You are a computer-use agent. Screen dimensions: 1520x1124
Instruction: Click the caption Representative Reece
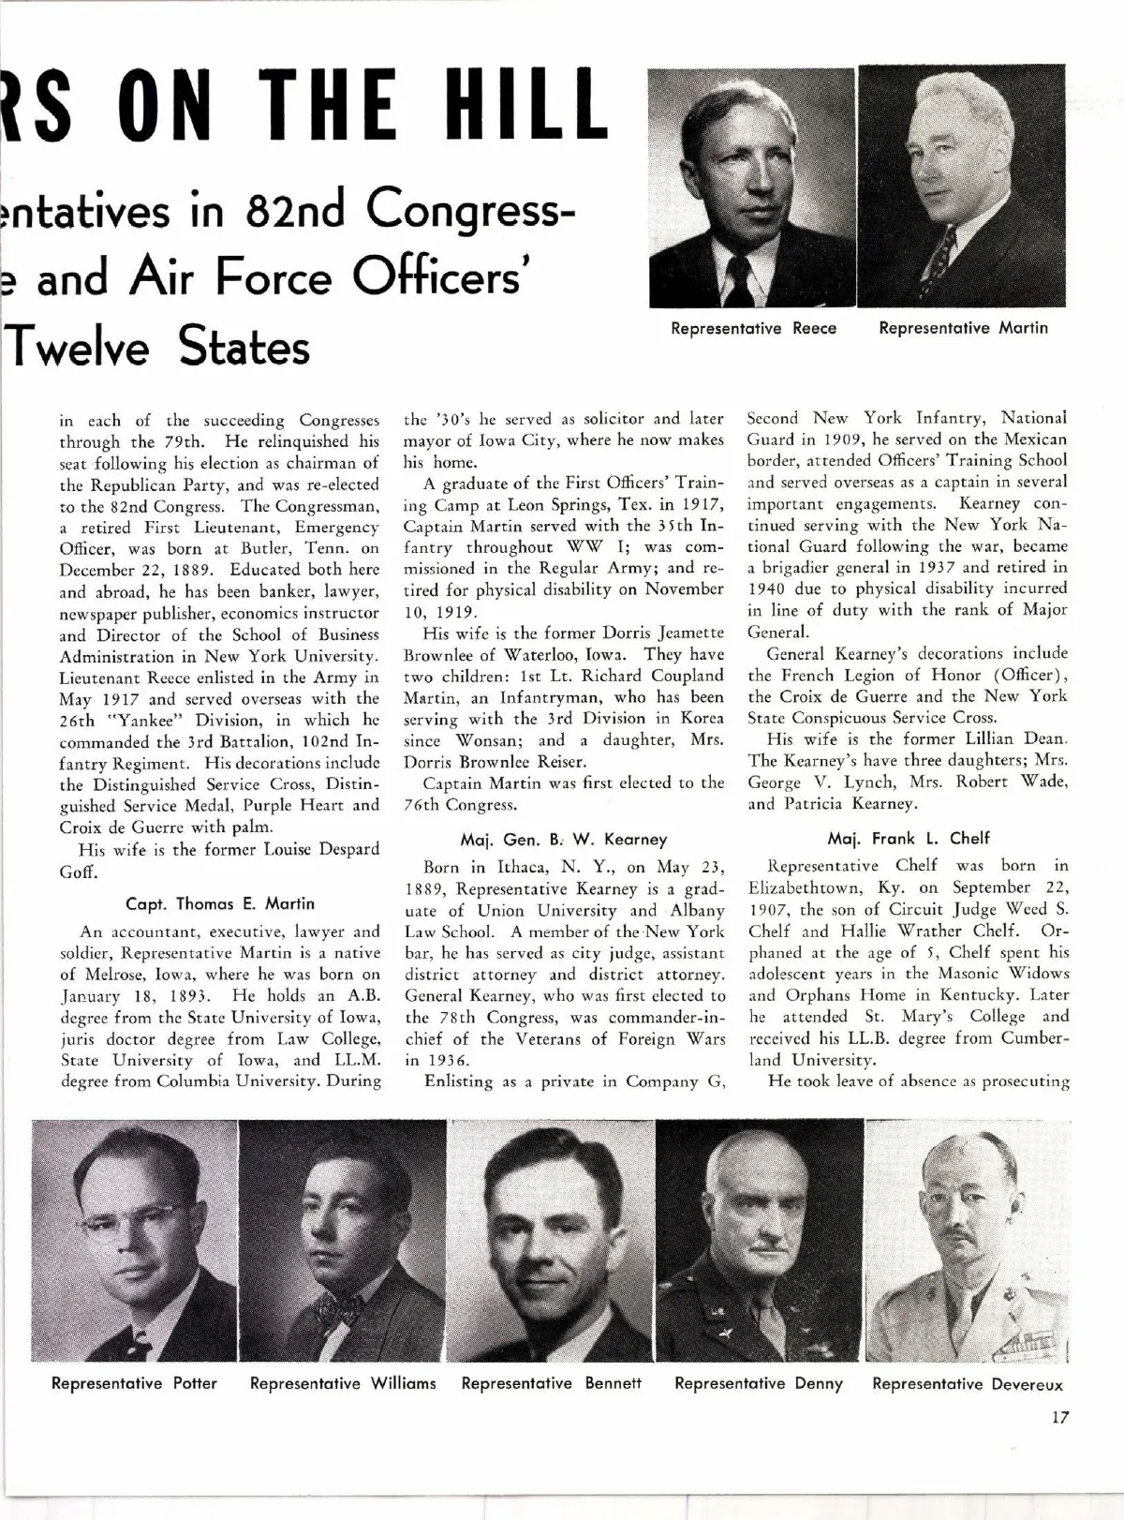coord(753,328)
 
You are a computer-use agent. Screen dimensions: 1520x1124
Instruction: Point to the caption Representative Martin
coord(963,328)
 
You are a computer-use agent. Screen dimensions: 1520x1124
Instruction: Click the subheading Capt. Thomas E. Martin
coord(220,903)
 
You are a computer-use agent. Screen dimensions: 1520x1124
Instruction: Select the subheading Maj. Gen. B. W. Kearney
coord(564,839)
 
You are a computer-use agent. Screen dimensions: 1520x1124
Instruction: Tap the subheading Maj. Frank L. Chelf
coord(909,838)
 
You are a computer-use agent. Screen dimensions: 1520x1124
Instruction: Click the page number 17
coord(1059,1418)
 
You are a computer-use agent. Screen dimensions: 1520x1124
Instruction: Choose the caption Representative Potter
coord(134,1383)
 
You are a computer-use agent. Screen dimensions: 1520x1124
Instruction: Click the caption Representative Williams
coord(343,1383)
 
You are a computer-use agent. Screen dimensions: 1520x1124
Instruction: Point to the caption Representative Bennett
coord(552,1383)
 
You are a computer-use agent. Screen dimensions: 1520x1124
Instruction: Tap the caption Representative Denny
coord(759,1383)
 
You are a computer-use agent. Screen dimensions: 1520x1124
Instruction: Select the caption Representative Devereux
coord(968,1384)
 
